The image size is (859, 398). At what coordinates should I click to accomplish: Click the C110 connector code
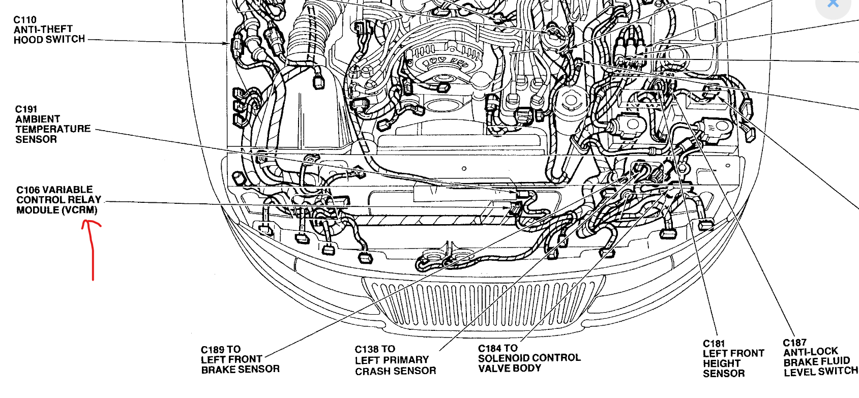(x=24, y=20)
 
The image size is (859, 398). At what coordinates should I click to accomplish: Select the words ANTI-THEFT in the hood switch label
(x=43, y=29)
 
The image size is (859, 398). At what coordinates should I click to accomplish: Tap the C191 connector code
(x=26, y=109)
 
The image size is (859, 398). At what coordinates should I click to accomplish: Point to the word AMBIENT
(x=38, y=119)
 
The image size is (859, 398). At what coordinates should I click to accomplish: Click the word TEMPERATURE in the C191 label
(x=53, y=129)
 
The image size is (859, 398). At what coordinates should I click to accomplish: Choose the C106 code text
(x=28, y=190)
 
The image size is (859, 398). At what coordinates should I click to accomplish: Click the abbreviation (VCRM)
(x=80, y=210)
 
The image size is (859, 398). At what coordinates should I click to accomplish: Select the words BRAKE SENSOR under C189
(x=241, y=370)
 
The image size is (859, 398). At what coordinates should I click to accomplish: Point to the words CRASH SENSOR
(x=395, y=371)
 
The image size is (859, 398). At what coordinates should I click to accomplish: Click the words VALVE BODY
(x=510, y=368)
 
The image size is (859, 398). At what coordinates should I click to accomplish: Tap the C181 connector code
(x=714, y=344)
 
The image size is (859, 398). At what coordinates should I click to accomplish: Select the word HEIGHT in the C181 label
(x=721, y=363)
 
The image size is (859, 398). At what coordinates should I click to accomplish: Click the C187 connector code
(x=794, y=343)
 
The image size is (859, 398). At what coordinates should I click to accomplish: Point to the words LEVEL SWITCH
(x=820, y=372)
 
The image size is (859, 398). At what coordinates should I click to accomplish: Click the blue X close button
(x=833, y=4)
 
